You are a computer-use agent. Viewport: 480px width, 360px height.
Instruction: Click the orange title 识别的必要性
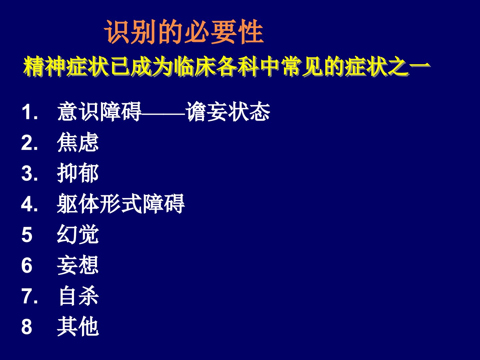coord(184,32)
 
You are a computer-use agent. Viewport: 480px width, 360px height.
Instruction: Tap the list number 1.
coord(30,112)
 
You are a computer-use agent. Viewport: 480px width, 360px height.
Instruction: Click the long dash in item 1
coord(163,114)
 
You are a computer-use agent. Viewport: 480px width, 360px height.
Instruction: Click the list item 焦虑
coord(78,142)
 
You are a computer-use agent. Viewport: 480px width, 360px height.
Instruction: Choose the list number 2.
coord(30,143)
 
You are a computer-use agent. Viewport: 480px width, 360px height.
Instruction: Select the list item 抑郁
coord(78,173)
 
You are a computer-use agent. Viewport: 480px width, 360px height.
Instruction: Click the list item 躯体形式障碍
coord(121,203)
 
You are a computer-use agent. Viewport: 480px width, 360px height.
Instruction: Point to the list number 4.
coord(30,204)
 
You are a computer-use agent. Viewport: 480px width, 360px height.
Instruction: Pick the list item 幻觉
coord(78,234)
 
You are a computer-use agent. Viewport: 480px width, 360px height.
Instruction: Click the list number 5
coord(27,235)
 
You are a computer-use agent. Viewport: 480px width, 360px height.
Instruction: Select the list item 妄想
coord(78,265)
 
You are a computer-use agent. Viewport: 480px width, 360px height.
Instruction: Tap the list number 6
coord(27,265)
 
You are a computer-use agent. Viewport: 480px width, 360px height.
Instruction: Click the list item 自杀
coord(79,296)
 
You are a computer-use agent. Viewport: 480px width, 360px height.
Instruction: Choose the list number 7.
coord(30,296)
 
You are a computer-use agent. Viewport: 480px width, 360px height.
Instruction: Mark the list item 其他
coord(78,326)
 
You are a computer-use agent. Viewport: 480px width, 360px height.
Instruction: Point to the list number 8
coord(27,327)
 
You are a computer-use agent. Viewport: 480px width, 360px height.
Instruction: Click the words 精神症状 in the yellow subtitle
coord(66,66)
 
